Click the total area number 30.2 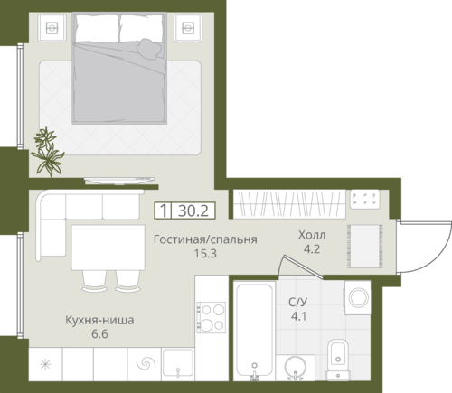click(193, 211)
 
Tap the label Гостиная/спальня click(205, 239)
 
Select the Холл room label click(312, 235)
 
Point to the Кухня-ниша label click(99, 320)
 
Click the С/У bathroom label click(298, 302)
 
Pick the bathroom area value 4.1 click(298, 316)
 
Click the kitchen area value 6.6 click(99, 334)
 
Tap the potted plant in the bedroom click(48, 152)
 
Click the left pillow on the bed click(97, 29)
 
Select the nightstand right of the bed click(188, 28)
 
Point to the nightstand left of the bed click(52, 28)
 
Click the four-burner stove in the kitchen click(211, 317)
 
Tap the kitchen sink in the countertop click(178, 362)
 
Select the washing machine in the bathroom click(358, 298)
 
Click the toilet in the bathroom click(338, 360)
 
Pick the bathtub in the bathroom click(255, 331)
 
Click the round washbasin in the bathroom click(295, 368)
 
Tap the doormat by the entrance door click(365, 247)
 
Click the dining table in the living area click(108, 248)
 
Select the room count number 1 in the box click(164, 211)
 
